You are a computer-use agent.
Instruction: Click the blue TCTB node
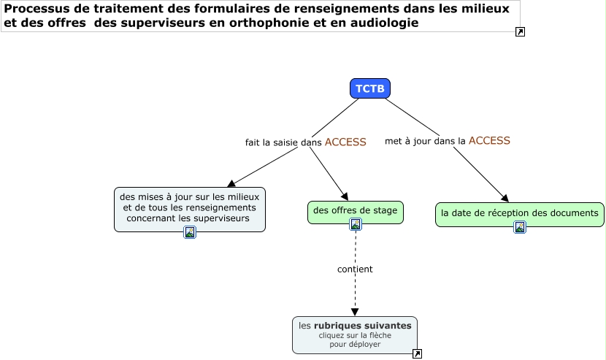(369, 88)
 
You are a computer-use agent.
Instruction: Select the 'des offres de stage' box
(355, 211)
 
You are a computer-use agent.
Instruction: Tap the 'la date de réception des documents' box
(519, 212)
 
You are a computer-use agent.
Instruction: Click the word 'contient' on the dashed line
(355, 269)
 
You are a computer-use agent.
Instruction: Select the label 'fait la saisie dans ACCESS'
(305, 142)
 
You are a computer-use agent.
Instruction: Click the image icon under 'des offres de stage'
(356, 224)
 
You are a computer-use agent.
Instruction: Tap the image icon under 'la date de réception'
(520, 227)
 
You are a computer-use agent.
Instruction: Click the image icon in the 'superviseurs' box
(190, 232)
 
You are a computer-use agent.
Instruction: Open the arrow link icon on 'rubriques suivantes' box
(417, 354)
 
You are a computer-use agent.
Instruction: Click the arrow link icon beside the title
(520, 31)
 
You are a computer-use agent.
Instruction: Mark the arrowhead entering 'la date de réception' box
(505, 198)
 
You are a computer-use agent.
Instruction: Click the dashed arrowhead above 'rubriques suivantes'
(355, 312)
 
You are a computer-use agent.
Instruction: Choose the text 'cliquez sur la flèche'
(355, 336)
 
